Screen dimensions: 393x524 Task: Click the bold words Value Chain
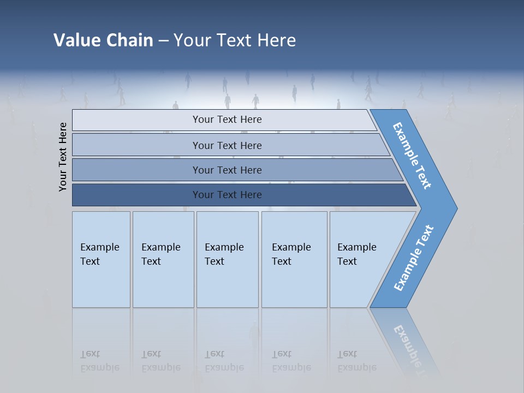pyautogui.click(x=103, y=40)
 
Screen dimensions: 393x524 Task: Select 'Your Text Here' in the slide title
pyautogui.click(x=235, y=40)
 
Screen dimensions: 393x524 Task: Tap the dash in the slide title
pyautogui.click(x=163, y=40)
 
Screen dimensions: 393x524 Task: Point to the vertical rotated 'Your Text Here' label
pyautogui.click(x=63, y=157)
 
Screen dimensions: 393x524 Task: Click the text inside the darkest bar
pyautogui.click(x=227, y=195)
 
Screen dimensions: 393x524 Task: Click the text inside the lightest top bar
pyautogui.click(x=227, y=120)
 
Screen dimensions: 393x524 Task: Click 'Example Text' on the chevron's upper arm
pyautogui.click(x=412, y=156)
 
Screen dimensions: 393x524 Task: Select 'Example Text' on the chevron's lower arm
pyautogui.click(x=414, y=258)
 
